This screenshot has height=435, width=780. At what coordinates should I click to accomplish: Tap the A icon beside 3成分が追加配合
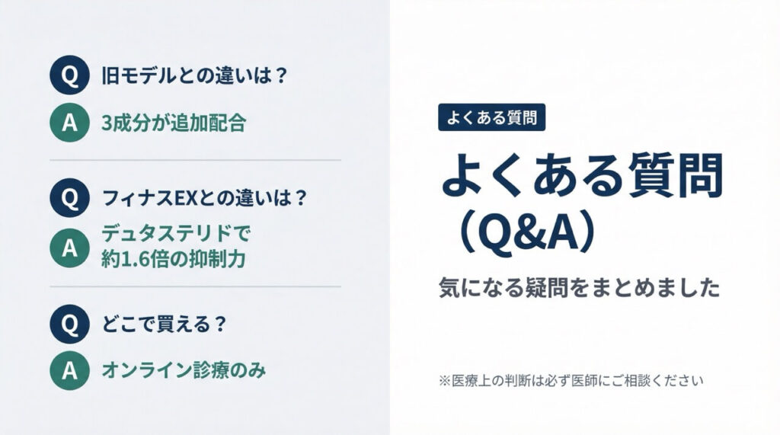[69, 122]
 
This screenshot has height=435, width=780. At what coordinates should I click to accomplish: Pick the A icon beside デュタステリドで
[69, 246]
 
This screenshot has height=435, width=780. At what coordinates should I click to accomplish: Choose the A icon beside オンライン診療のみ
[69, 372]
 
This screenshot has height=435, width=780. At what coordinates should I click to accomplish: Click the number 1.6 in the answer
[140, 259]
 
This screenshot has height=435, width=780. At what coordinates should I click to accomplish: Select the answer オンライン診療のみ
[184, 372]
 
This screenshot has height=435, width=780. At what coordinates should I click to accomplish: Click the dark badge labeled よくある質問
[491, 117]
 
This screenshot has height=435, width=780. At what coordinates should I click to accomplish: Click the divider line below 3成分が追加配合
[195, 161]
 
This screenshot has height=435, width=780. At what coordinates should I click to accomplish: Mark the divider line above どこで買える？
[195, 286]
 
